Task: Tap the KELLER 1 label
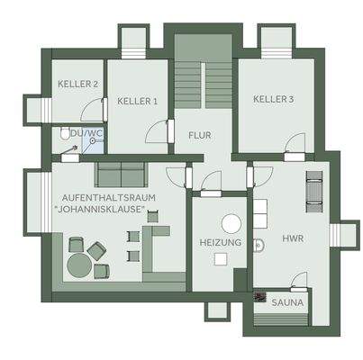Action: pos(138,101)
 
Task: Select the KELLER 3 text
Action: pos(273,99)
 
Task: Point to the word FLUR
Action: pos(200,136)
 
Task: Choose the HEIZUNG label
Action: pos(219,243)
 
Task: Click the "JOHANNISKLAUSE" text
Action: pos(105,211)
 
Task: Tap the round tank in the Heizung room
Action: pos(231,222)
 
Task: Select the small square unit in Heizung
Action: pos(220,258)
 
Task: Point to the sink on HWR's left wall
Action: pos(258,242)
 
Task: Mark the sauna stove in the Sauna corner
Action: pos(259,298)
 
